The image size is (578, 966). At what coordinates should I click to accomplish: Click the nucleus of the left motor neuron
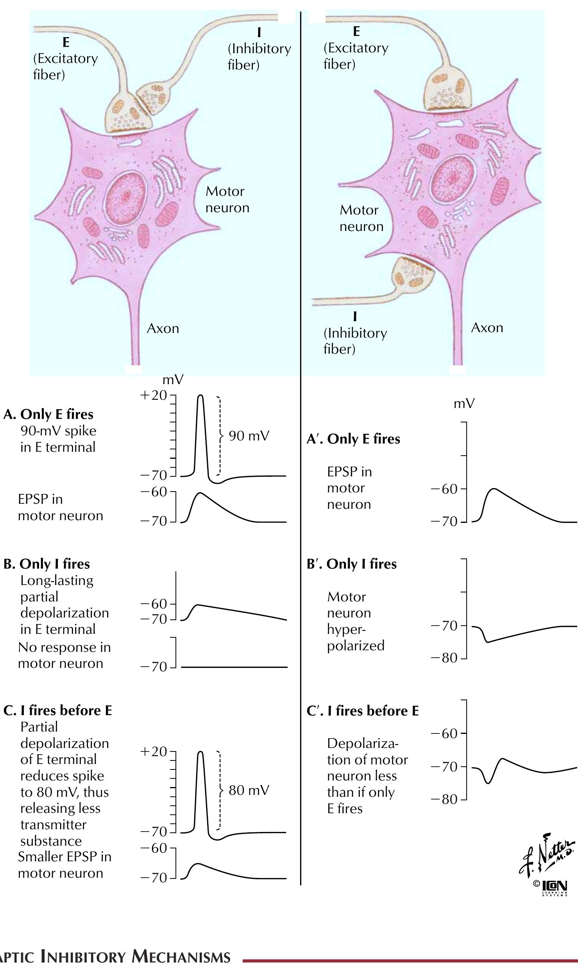coord(126,195)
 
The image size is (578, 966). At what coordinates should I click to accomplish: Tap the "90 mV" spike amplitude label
coord(249,436)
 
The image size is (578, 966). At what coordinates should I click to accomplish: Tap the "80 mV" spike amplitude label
coord(249,790)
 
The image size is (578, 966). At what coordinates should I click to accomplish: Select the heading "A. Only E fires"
coord(48,414)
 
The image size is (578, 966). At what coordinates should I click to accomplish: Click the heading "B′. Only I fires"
coord(352,564)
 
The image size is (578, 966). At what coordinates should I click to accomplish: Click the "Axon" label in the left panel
coord(163,329)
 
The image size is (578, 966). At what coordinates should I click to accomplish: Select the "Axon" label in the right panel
coord(487,327)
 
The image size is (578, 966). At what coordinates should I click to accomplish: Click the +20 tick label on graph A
coord(154,395)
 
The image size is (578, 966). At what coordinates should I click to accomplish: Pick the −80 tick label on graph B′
coord(444,658)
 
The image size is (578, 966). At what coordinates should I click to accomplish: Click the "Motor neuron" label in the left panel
coord(227,199)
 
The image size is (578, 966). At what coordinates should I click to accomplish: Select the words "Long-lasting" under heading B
coord(57,580)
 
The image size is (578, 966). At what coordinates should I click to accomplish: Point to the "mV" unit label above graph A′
coord(464,404)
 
